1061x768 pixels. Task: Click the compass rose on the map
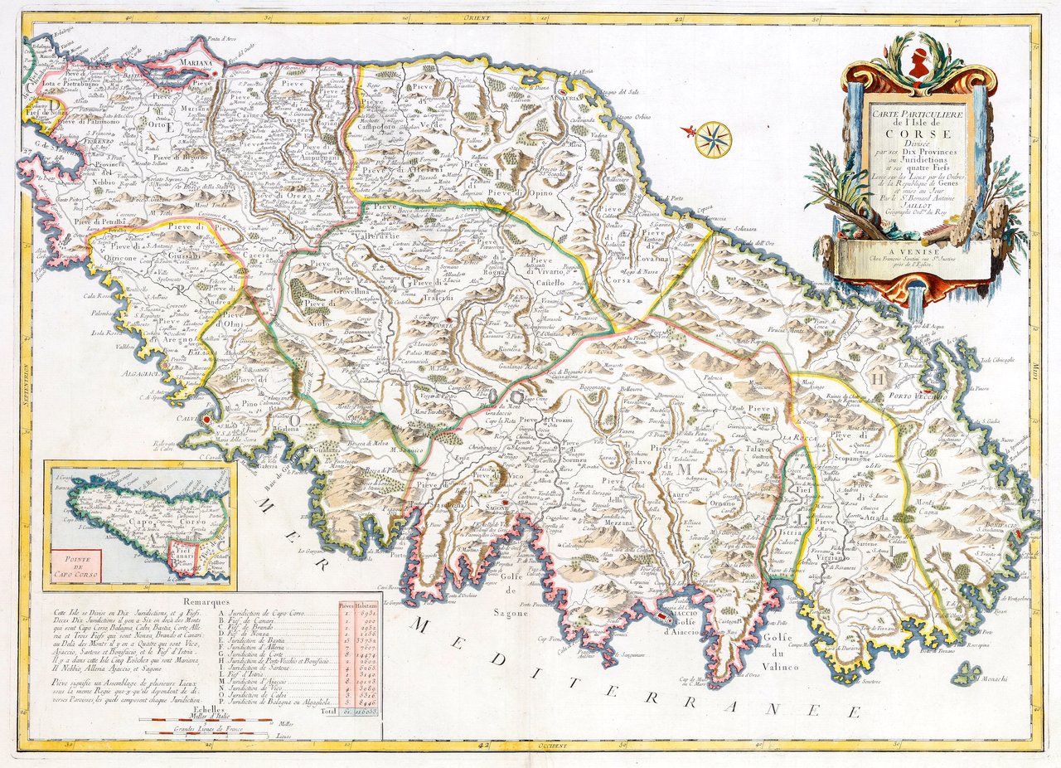point(713,139)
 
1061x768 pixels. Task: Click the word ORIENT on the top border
point(478,16)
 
